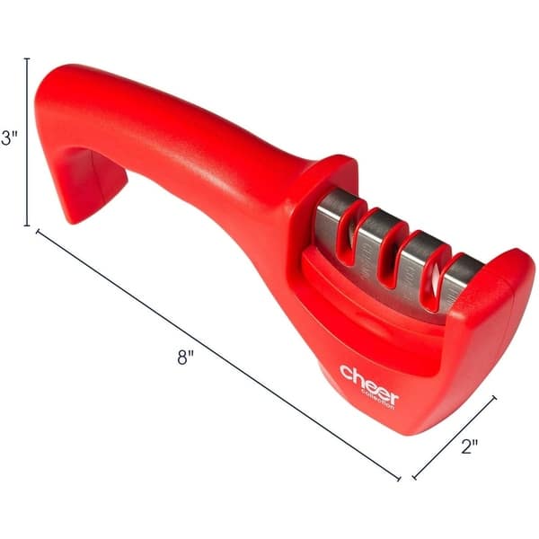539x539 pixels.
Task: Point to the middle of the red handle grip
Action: (x=180, y=135)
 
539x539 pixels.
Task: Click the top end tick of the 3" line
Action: (x=27, y=58)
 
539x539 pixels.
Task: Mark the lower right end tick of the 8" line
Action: (x=400, y=479)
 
